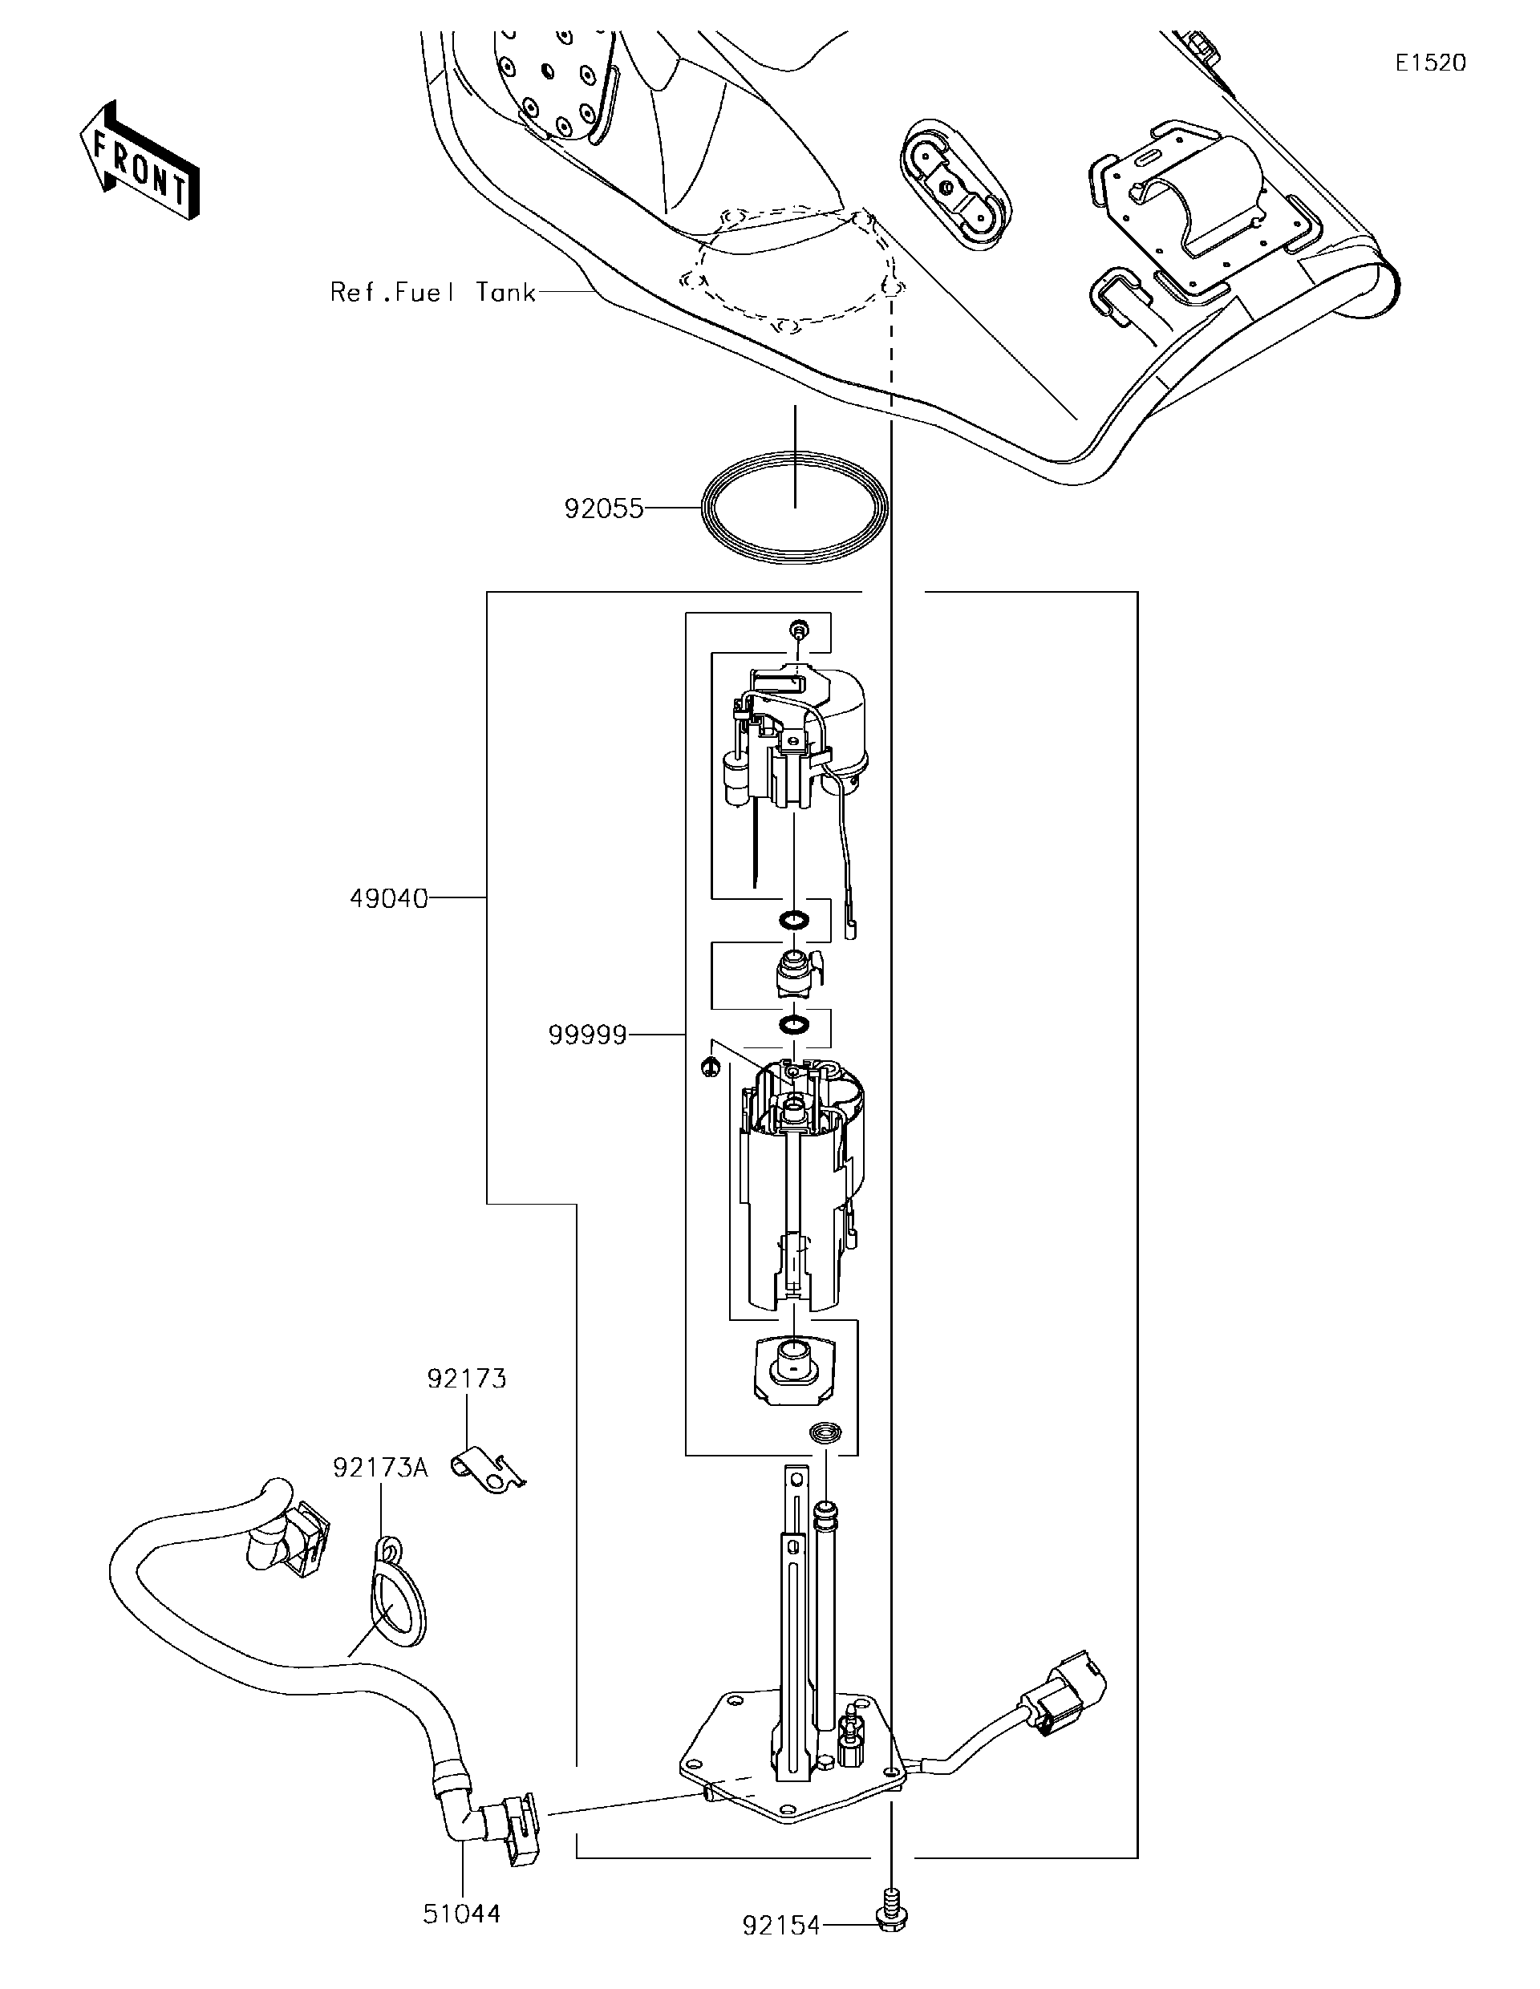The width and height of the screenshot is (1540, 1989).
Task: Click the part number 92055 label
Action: [603, 508]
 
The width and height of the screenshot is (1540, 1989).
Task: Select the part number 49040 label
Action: [389, 899]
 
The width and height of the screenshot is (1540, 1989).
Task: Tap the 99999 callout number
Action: [587, 1035]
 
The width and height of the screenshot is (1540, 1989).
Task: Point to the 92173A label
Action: [379, 1468]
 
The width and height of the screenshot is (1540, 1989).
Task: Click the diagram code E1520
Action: [1431, 63]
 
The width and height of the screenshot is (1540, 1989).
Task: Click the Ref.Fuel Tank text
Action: [432, 293]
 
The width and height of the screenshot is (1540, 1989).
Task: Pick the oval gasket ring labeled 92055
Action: [793, 510]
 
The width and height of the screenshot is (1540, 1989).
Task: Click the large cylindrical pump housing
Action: [796, 1184]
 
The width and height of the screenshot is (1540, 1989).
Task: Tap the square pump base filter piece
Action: [793, 1373]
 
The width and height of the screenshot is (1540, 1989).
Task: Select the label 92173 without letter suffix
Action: [466, 1379]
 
